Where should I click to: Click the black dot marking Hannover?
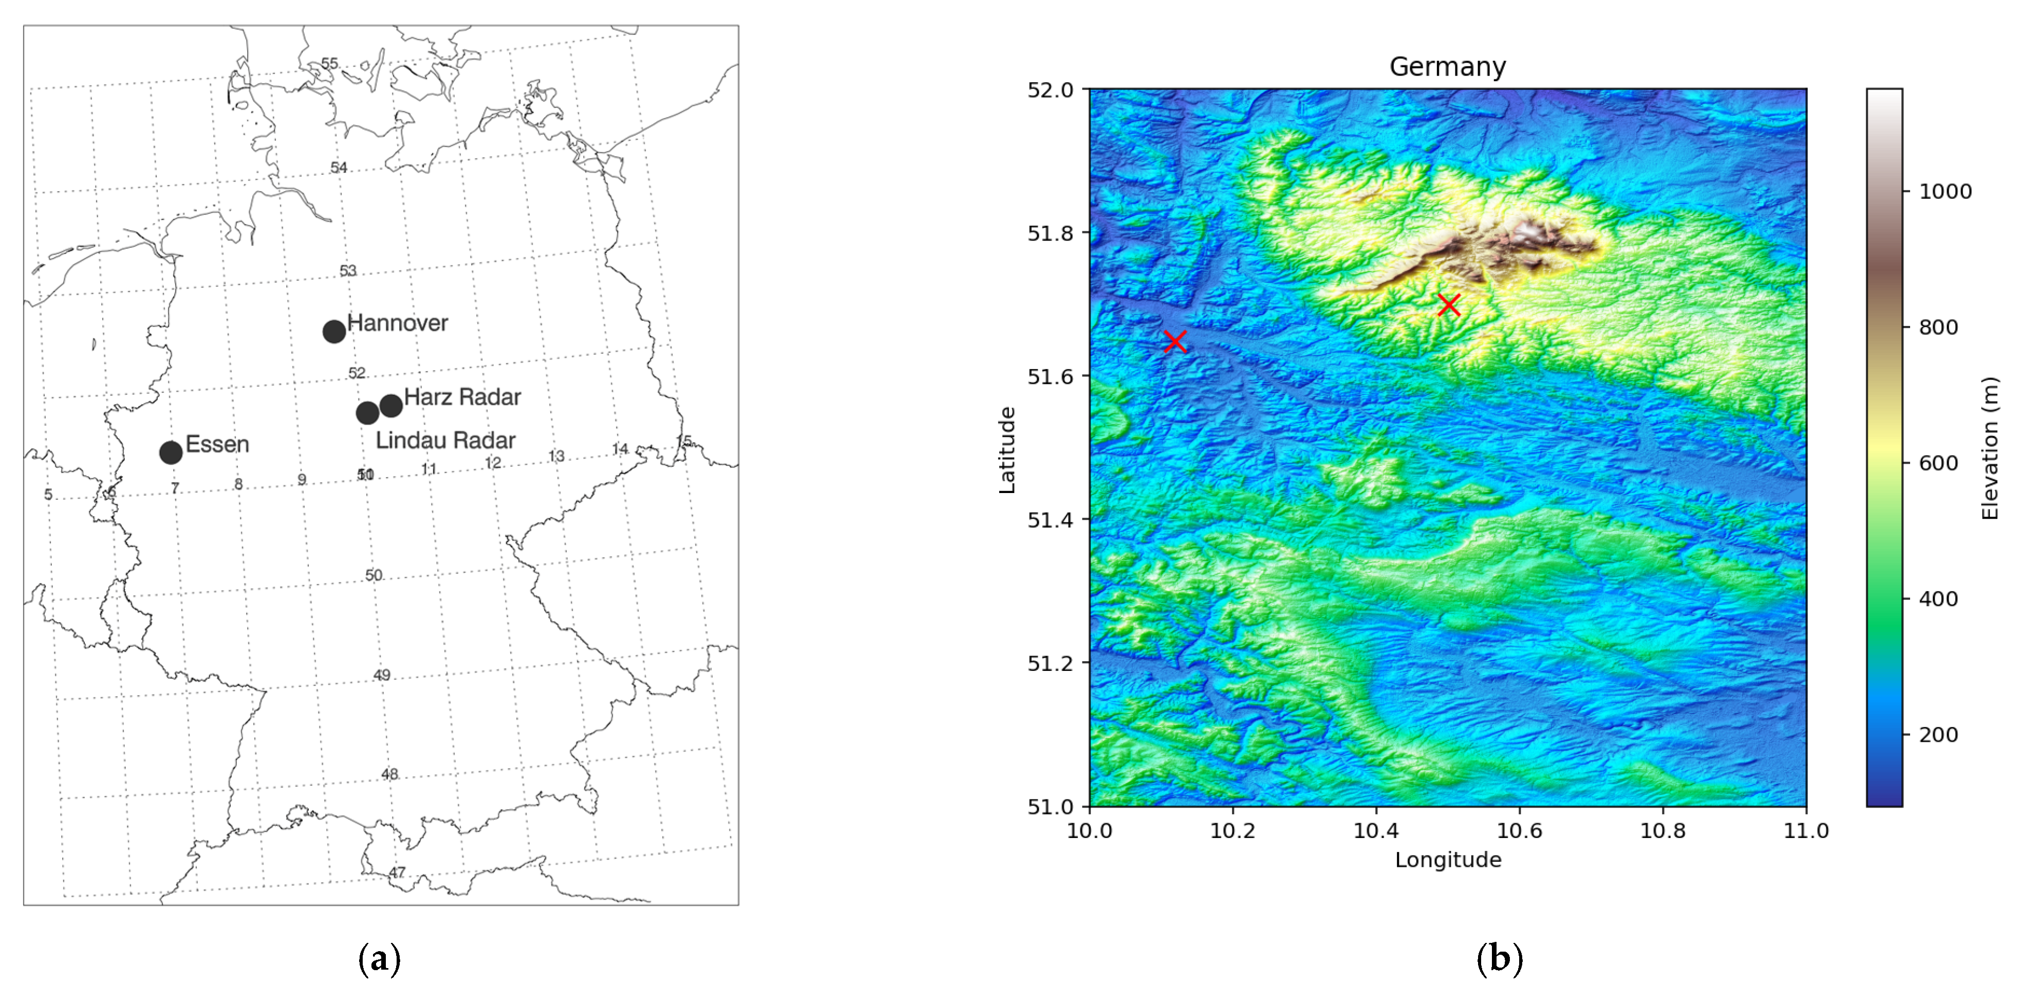[x=334, y=331]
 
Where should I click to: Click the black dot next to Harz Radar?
[x=391, y=405]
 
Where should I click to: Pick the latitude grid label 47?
[x=397, y=872]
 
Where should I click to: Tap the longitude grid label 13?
[x=556, y=456]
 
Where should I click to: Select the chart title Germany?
[x=1447, y=67]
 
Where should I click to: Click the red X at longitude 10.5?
[x=1448, y=304]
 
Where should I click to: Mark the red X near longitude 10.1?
[x=1174, y=341]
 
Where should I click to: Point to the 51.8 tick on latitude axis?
[x=1050, y=233]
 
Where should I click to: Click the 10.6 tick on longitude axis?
[x=1519, y=831]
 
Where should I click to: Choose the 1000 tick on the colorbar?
[x=1945, y=191]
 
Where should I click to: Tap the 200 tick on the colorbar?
[x=1938, y=735]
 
